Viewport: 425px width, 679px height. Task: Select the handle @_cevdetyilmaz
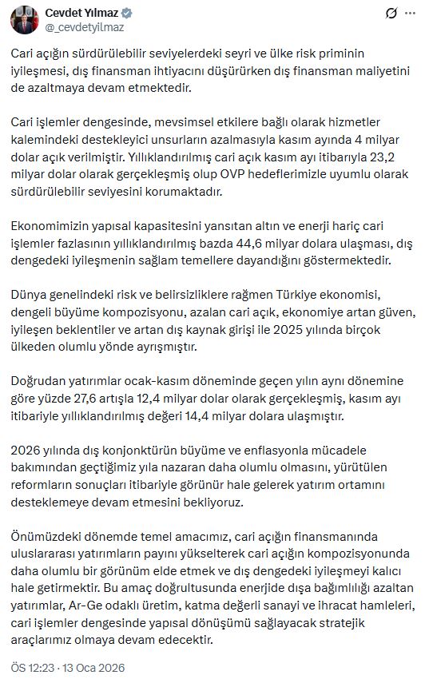click(x=84, y=27)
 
